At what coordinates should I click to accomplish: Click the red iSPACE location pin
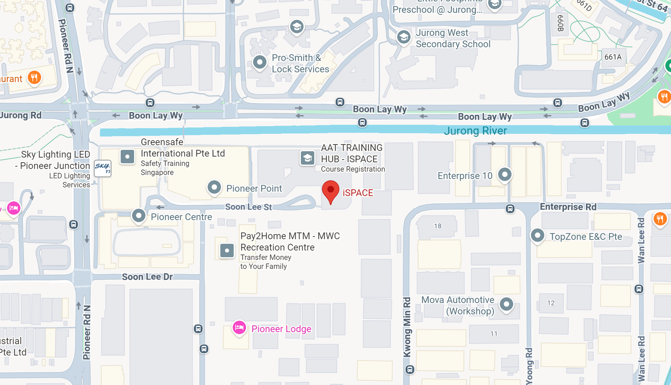pos(330,191)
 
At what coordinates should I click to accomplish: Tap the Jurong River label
pos(475,131)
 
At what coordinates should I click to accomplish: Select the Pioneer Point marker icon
pos(214,187)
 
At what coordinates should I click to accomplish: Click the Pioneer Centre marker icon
pos(138,216)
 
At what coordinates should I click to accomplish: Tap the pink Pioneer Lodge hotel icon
pos(239,327)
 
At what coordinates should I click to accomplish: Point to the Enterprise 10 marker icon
pos(505,174)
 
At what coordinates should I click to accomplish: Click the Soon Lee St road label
pos(248,207)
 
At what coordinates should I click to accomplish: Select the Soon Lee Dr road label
pos(147,277)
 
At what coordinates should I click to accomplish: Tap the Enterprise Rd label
pos(568,207)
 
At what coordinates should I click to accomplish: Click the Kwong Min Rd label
pos(407,327)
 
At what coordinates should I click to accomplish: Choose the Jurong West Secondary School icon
pos(403,37)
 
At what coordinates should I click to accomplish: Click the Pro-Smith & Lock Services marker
pos(260,62)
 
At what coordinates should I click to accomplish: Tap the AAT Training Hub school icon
pos(308,158)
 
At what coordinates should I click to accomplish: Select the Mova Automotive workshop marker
pos(507,304)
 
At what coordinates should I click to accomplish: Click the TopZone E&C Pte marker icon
pos(538,235)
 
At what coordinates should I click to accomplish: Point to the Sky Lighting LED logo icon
pos(103,168)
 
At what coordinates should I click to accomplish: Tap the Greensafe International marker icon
pos(127,157)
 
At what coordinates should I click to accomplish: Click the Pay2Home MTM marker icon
pos(227,251)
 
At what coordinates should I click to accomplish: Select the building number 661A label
pos(613,57)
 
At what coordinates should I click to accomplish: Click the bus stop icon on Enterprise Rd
pos(510,208)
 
